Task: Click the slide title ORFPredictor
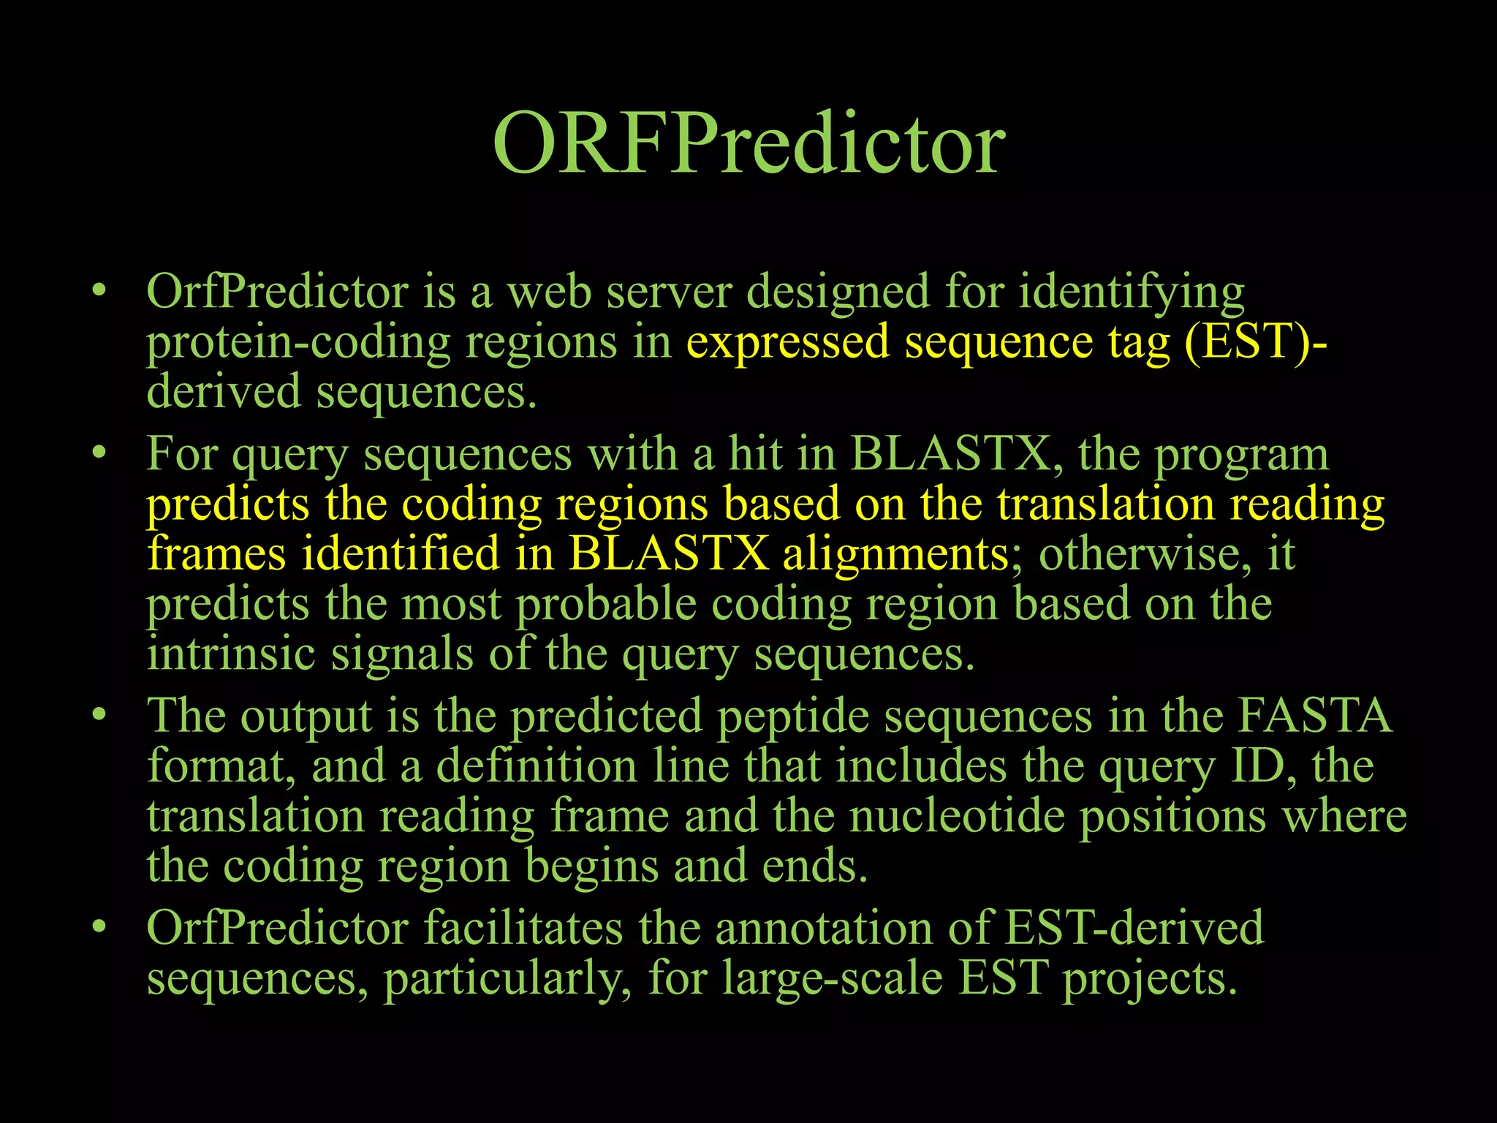point(748,143)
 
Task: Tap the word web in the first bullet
point(549,292)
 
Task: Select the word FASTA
point(1314,716)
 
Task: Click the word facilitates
point(523,928)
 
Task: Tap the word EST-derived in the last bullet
point(1134,928)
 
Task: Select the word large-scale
point(833,978)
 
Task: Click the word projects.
point(1150,978)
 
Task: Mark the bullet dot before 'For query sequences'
point(99,453)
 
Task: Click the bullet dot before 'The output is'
point(99,714)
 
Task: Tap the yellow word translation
point(1105,504)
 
